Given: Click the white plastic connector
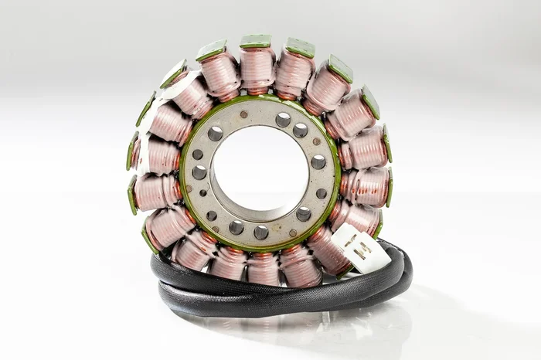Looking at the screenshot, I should click(x=360, y=249).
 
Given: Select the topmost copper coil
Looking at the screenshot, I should click(x=257, y=68).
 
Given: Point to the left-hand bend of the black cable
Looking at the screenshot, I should click(x=158, y=278).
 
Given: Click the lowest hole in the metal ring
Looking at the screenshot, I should click(x=261, y=232).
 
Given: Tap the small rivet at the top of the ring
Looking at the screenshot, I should click(x=243, y=114).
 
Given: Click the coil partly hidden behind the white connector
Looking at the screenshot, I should click(x=331, y=249).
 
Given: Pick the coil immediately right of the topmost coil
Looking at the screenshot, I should click(x=294, y=72).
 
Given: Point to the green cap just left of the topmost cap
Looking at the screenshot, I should click(x=210, y=51).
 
